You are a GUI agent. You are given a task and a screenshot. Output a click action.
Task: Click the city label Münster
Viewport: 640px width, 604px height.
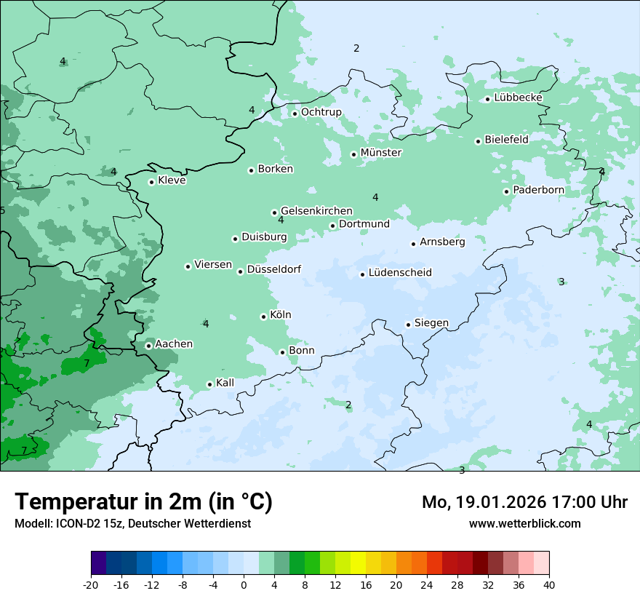[381, 153]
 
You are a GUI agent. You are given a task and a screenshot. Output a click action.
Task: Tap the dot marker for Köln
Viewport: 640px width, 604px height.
[263, 317]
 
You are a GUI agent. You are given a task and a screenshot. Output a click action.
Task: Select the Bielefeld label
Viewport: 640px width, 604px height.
[506, 139]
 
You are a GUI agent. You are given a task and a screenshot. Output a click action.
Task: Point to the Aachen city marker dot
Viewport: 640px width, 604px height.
[148, 346]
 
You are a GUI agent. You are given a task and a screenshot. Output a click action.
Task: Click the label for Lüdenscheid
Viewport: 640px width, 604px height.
[400, 273]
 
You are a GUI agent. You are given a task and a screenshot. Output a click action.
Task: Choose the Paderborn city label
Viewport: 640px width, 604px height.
[538, 190]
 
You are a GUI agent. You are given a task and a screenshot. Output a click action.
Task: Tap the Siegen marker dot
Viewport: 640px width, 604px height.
[409, 325]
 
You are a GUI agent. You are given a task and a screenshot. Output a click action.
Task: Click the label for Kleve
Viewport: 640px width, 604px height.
[172, 180]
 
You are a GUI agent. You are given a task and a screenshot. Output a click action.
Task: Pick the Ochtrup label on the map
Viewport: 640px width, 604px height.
[321, 112]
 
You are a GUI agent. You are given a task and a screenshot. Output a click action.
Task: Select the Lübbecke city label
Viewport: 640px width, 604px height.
[518, 98]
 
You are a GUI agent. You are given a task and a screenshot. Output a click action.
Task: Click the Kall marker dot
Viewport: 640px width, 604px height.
[209, 384]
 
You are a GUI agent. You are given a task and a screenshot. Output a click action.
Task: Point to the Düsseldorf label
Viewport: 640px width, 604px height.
[274, 269]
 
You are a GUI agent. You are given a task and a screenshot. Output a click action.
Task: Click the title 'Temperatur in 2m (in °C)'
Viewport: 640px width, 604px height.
[143, 502]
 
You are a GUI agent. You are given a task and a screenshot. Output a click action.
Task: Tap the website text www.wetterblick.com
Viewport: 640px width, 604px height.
[524, 523]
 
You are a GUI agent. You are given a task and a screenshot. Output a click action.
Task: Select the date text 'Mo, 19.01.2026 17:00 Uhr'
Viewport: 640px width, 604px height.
[524, 502]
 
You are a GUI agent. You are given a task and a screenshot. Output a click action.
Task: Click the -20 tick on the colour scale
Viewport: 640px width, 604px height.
[91, 584]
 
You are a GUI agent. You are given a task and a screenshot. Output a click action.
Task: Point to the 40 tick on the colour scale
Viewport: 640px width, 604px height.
[549, 584]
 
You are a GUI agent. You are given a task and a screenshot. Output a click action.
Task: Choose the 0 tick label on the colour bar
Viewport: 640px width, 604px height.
[244, 584]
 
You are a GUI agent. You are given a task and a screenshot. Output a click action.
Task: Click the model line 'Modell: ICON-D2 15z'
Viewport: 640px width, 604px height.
[132, 523]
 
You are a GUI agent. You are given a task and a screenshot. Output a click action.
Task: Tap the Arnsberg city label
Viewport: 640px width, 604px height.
[442, 242]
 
